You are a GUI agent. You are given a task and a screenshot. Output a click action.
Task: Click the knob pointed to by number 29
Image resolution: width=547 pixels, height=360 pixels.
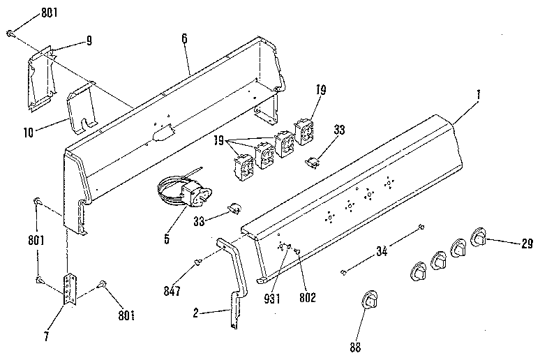click(x=480, y=237)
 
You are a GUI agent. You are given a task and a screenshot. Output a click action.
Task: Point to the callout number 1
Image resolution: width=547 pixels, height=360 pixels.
click(x=479, y=96)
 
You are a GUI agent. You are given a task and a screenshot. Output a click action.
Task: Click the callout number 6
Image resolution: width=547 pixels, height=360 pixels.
click(x=184, y=38)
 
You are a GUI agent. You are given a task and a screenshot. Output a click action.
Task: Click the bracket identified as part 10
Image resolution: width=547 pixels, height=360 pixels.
click(x=82, y=107)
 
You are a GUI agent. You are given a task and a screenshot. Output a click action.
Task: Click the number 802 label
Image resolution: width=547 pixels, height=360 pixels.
click(x=306, y=296)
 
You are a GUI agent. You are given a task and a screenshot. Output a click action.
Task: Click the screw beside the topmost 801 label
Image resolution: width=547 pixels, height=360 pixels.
click(x=10, y=32)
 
